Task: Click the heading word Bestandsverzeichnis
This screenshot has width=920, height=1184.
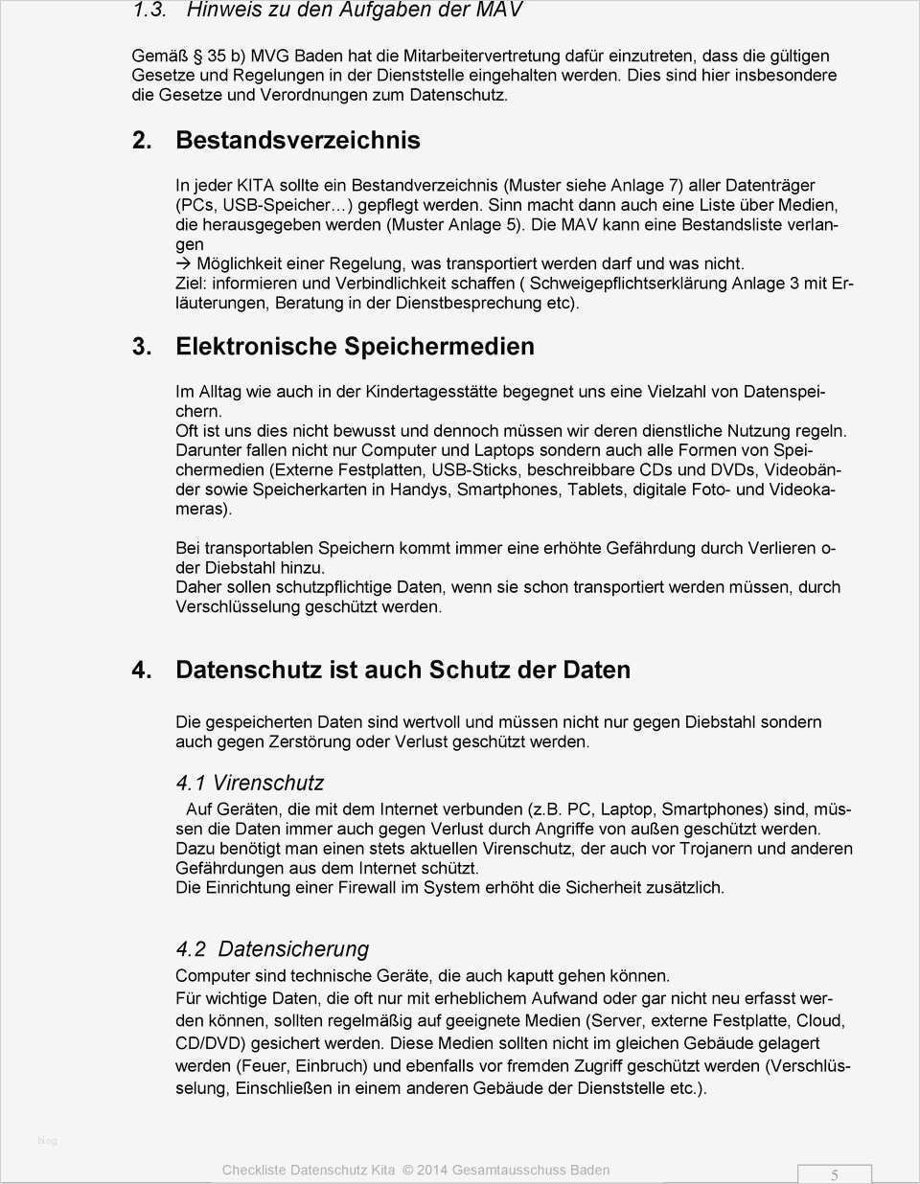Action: [x=297, y=140]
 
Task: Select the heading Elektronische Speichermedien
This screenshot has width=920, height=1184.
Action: [x=355, y=346]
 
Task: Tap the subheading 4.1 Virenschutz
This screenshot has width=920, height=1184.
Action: [x=250, y=783]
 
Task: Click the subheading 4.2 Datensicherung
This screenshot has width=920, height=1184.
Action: [x=272, y=948]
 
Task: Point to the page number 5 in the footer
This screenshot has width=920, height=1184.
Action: [x=835, y=1174]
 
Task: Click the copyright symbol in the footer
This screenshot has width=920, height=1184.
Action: [x=407, y=1170]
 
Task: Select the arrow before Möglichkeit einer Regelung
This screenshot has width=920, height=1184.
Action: [x=184, y=263]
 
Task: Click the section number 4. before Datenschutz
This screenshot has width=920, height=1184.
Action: [x=142, y=670]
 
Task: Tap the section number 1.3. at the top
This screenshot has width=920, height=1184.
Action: [x=150, y=11]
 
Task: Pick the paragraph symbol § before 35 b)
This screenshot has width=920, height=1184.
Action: [x=197, y=57]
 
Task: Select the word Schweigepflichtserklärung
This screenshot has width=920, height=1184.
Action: [x=629, y=283]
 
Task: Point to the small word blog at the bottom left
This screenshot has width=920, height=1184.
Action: [x=47, y=1140]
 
